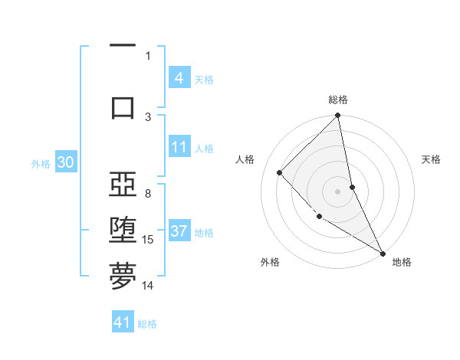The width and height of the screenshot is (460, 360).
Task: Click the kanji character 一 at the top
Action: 123,46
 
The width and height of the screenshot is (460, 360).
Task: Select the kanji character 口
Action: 123,107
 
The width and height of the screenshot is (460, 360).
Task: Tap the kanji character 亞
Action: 123,185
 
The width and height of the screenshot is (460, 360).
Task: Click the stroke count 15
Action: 149,240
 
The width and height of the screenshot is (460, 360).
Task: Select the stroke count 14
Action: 149,286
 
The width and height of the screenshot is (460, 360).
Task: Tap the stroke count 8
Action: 148,194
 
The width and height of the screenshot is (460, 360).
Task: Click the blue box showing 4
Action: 179,78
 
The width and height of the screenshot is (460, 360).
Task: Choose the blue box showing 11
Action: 179,147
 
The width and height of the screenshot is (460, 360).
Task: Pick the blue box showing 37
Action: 179,231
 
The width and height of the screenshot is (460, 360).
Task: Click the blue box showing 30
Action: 65,162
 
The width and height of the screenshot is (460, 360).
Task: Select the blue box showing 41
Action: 123,322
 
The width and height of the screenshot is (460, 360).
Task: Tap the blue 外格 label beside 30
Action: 41,163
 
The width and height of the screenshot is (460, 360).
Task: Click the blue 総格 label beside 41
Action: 147,323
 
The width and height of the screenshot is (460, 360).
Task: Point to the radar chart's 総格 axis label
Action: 338,100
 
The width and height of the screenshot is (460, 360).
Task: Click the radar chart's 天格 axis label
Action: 432,159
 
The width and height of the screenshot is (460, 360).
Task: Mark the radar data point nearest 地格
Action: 383,253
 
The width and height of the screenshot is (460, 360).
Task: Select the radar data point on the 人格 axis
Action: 280,172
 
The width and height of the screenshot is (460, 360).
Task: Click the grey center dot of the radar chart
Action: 338,191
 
